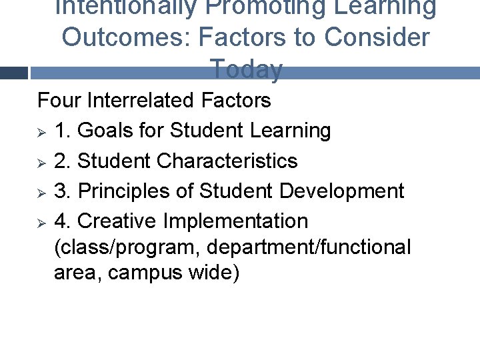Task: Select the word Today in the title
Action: tap(246, 68)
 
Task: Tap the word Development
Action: tap(341, 191)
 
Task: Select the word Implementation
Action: tap(235, 221)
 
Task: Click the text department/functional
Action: tap(309, 247)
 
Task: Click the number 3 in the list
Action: tap(61, 191)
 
